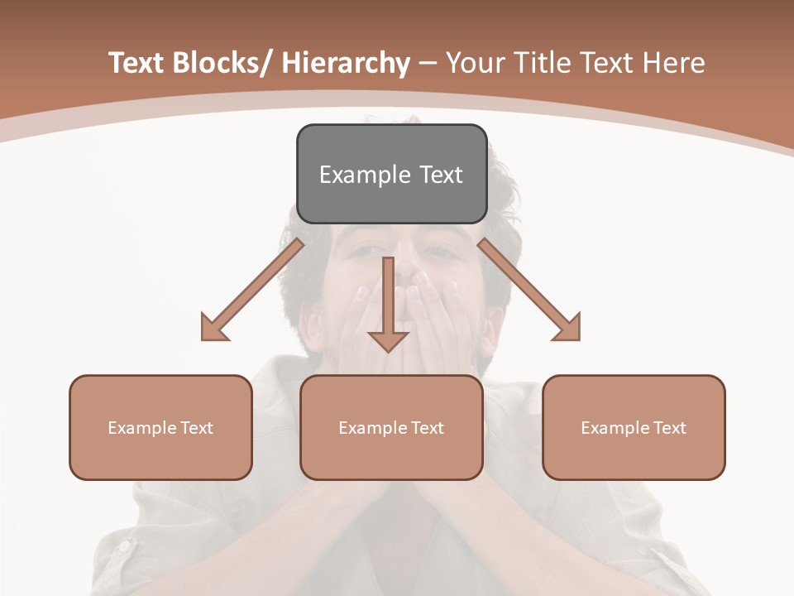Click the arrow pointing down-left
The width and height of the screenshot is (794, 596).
pyautogui.click(x=252, y=291)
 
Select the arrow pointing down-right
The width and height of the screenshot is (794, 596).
pyautogui.click(x=529, y=291)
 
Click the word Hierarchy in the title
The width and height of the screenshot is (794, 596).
pyautogui.click(x=346, y=63)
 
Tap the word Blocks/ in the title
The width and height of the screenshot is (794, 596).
pyautogui.click(x=219, y=63)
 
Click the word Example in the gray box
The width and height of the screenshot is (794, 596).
pyautogui.click(x=365, y=175)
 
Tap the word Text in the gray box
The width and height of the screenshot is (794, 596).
pyautogui.click(x=440, y=175)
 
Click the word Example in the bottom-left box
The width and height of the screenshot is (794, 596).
pyautogui.click(x=142, y=428)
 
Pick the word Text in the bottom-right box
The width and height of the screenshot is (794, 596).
pyautogui.click(x=668, y=428)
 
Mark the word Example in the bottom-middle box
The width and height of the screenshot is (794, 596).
pyautogui.click(x=373, y=428)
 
